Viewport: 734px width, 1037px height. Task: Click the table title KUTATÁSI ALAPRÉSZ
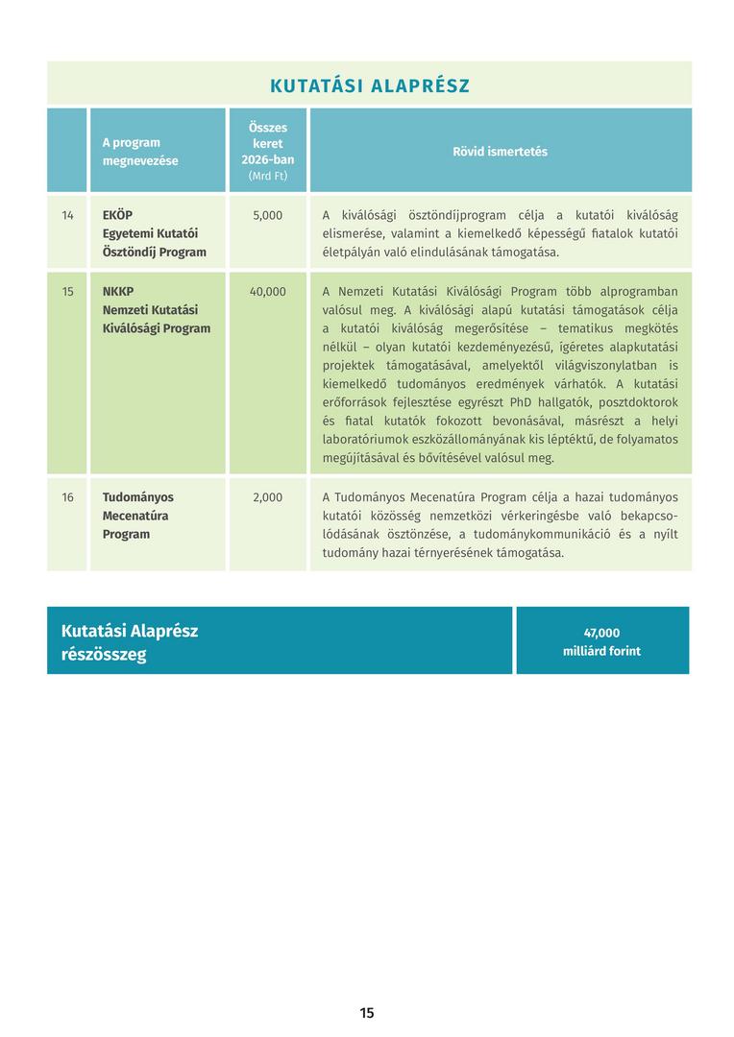point(370,85)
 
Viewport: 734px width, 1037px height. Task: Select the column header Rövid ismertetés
point(500,152)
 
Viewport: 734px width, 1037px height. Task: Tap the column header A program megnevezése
point(140,152)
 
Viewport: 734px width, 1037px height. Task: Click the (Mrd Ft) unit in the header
point(267,177)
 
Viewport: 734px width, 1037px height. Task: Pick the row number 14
point(67,215)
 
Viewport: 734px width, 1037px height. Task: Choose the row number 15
point(67,291)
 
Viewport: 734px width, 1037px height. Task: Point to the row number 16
point(67,497)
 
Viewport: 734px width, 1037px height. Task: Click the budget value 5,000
point(267,215)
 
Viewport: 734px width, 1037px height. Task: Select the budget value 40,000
point(267,291)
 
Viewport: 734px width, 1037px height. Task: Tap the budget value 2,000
point(267,497)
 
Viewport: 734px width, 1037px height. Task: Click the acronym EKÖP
point(117,215)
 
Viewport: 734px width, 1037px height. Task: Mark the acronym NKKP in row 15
point(118,291)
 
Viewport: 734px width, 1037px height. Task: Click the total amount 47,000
point(601,633)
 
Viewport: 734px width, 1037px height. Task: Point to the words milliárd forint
point(601,651)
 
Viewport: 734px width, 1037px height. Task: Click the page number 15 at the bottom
point(367,1013)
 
